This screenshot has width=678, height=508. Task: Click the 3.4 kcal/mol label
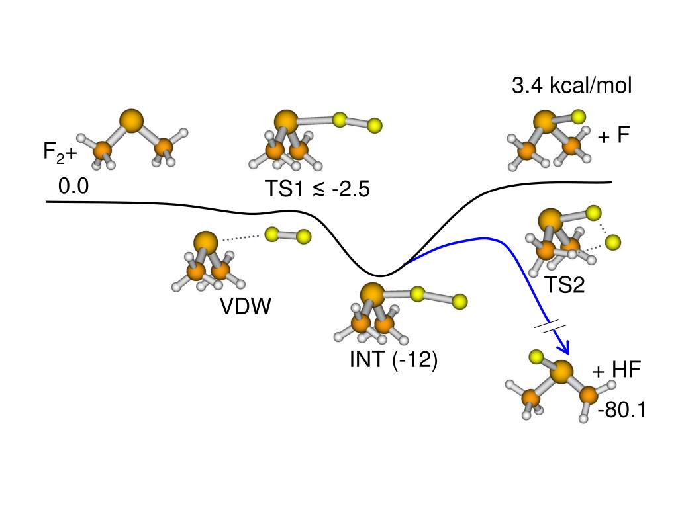click(x=572, y=85)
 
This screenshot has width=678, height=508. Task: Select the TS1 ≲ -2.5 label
click(x=317, y=189)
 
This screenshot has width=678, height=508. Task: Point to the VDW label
click(x=246, y=306)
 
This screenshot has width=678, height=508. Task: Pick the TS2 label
click(x=565, y=284)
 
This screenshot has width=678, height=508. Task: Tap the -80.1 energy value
click(x=621, y=411)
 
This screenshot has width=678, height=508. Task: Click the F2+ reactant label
click(x=60, y=153)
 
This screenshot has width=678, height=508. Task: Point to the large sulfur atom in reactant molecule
click(x=132, y=120)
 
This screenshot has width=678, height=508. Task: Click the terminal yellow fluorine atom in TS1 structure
click(x=375, y=124)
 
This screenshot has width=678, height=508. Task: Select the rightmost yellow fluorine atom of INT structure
click(x=460, y=302)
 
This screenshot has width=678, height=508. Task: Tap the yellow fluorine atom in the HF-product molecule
click(x=536, y=358)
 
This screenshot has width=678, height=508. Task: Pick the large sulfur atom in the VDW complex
click(x=206, y=241)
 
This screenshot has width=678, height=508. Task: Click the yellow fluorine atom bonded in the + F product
click(x=579, y=117)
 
